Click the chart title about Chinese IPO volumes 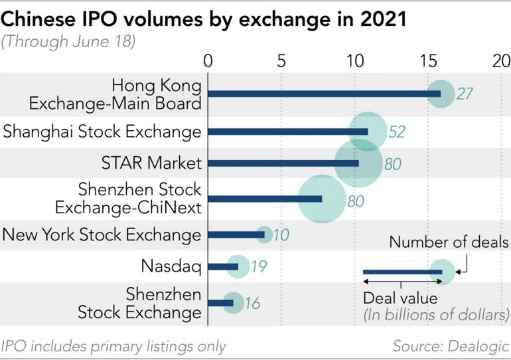pyautogui.click(x=204, y=18)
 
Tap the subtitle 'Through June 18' pyautogui.click(x=68, y=42)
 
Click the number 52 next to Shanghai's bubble pyautogui.click(x=397, y=132)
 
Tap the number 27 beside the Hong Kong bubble pyautogui.click(x=465, y=94)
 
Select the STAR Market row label pyautogui.click(x=151, y=163)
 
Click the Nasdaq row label pyautogui.click(x=171, y=266)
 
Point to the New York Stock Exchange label pyautogui.click(x=102, y=234)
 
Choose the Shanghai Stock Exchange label pyautogui.click(x=102, y=132)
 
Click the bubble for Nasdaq pyautogui.click(x=238, y=266)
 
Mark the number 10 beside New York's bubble pyautogui.click(x=281, y=234)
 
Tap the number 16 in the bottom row pyautogui.click(x=252, y=304)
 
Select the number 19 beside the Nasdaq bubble pyautogui.click(x=259, y=267)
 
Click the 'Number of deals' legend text pyautogui.click(x=449, y=242)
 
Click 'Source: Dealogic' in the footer pyautogui.click(x=451, y=346)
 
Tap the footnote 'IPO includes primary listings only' pyautogui.click(x=113, y=346)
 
